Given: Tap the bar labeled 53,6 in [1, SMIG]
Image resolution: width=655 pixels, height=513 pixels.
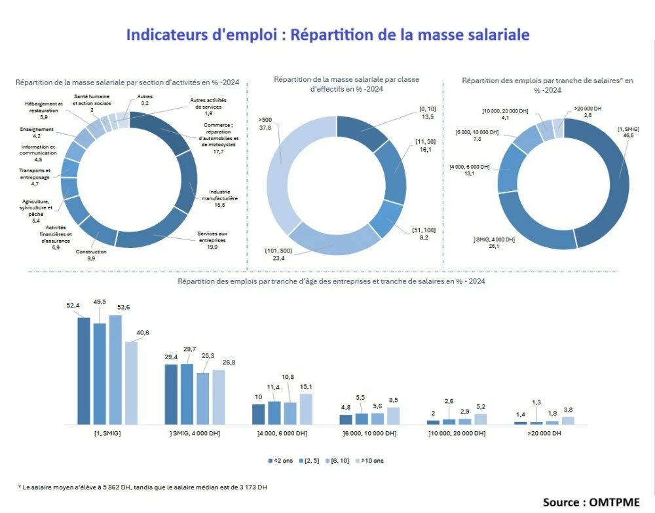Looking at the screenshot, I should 115,370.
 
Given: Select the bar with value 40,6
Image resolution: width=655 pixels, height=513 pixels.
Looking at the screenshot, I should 132,383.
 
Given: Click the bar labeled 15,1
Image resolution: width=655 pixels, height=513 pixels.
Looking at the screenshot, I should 306,409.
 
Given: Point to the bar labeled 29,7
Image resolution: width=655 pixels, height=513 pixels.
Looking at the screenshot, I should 187,394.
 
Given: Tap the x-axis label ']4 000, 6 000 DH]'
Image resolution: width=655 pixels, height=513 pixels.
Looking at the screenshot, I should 282,434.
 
